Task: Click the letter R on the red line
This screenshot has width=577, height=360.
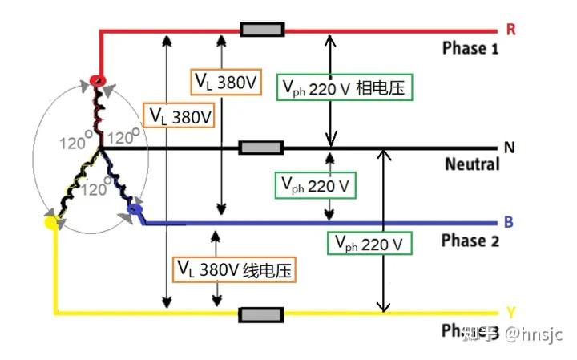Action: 510,30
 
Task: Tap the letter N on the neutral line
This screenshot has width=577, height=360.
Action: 510,148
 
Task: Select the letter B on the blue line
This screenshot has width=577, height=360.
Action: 510,222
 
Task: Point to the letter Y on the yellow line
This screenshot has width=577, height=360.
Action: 510,312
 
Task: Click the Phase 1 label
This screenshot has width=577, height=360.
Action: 470,48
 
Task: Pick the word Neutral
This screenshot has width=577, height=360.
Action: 472,164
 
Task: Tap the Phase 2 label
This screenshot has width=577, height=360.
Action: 470,241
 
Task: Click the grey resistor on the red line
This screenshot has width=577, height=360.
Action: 262,30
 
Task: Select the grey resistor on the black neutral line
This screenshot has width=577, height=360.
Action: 261,148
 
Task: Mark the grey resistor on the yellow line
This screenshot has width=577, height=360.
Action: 261,313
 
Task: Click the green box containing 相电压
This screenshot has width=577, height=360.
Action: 345,87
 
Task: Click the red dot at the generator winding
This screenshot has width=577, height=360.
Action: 97,80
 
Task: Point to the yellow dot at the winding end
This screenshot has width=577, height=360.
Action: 53,222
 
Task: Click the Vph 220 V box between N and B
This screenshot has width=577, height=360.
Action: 316,185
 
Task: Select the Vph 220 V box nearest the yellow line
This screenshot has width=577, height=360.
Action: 369,242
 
